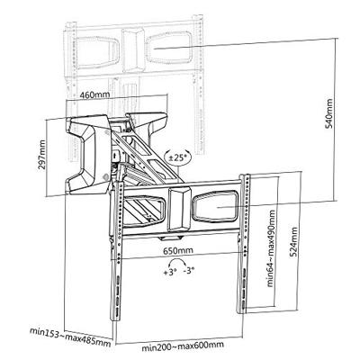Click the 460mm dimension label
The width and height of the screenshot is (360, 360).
94,94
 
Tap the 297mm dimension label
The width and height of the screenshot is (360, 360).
41,155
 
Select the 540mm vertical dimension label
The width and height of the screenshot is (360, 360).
329,113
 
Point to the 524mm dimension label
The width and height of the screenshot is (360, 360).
294,242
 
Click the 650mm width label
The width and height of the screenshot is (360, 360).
178,250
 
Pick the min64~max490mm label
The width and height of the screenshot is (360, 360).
271,248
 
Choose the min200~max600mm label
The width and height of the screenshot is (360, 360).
183,346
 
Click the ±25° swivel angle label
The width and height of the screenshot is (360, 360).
177,157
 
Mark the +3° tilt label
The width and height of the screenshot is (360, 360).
169,273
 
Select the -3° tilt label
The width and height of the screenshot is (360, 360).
189,271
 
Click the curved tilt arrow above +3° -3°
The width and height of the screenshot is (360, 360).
178,261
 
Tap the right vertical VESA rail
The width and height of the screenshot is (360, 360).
246,244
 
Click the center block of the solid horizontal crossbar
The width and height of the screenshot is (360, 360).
179,209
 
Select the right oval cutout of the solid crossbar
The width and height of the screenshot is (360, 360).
215,207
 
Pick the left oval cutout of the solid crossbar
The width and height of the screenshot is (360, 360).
145,211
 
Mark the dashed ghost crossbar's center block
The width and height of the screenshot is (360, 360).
133,49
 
